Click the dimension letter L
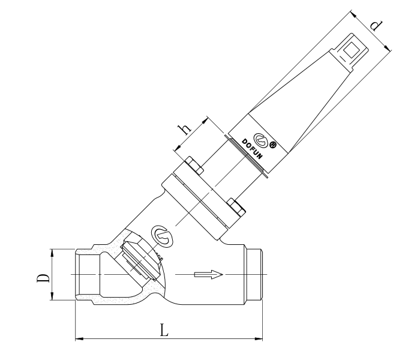coord(164,330)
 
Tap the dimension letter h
coord(184,129)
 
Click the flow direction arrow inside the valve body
coord(209,275)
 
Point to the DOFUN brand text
coord(252,149)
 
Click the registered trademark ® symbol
coord(272,145)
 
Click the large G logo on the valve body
coord(163,235)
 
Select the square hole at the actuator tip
coord(351,50)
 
